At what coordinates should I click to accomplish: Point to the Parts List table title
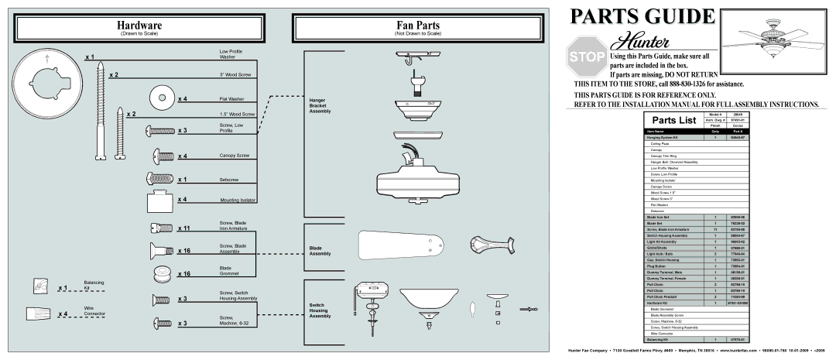672,120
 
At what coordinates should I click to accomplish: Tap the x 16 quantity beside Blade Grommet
183,274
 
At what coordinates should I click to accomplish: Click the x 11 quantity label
183,229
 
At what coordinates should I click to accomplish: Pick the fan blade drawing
402,246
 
